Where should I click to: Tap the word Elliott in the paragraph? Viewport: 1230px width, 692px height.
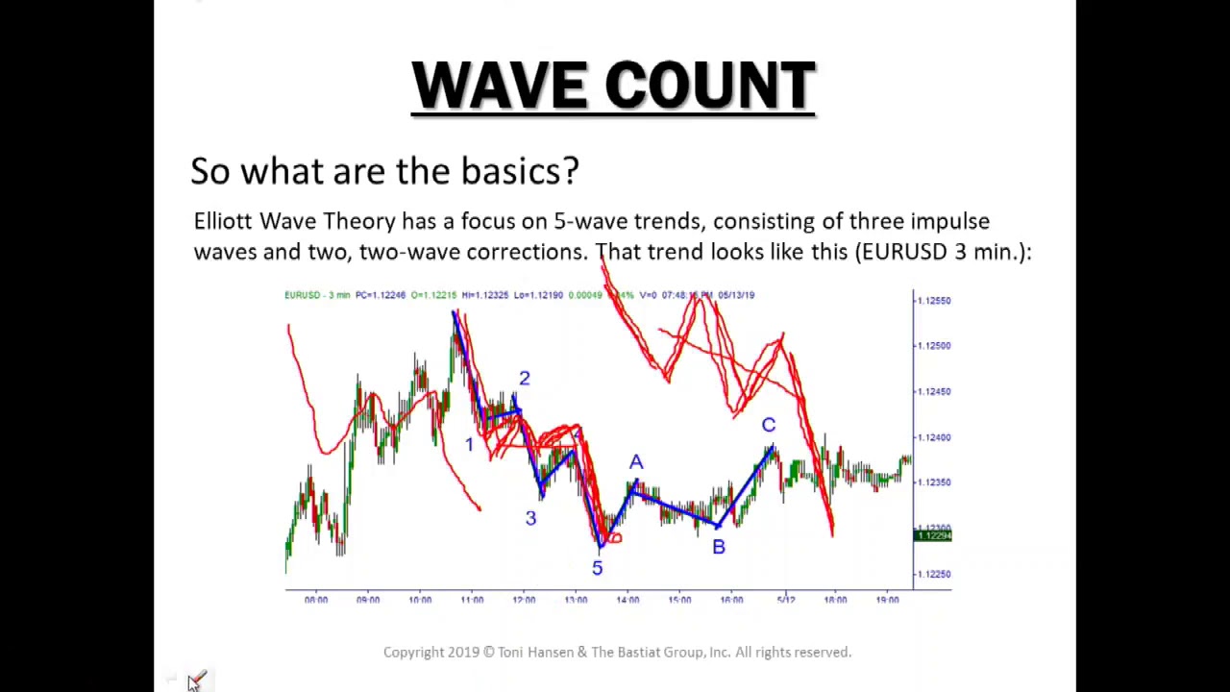tap(223, 221)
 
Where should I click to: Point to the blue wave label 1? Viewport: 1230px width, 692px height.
tap(469, 444)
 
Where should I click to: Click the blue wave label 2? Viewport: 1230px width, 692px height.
tap(524, 379)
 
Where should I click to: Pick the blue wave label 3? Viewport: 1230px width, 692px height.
tap(530, 519)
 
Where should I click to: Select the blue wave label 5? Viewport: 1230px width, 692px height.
tap(597, 568)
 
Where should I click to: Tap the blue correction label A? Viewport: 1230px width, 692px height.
tap(636, 463)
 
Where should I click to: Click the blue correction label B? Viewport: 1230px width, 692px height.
tap(718, 547)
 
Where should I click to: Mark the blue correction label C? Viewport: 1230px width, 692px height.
tap(768, 425)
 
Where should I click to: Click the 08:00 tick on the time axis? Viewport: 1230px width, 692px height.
tap(315, 600)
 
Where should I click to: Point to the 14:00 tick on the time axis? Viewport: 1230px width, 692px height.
tap(627, 600)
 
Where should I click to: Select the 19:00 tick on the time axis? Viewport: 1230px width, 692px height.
tap(887, 600)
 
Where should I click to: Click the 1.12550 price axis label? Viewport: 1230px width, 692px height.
tap(933, 301)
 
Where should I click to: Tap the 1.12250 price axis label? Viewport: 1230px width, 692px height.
tap(933, 574)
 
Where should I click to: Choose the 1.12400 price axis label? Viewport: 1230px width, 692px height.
tap(933, 437)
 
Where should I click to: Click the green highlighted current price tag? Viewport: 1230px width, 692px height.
tap(932, 535)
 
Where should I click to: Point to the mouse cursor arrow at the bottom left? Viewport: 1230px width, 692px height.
tap(193, 680)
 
